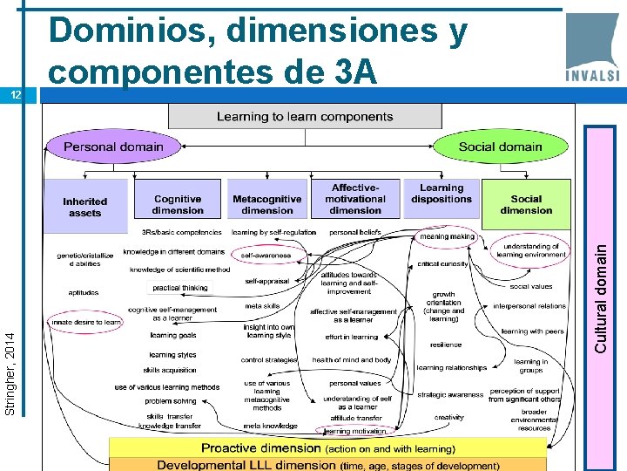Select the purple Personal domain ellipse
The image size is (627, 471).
point(112,147)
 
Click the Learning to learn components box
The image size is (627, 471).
point(304,116)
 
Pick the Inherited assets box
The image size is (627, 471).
point(84,207)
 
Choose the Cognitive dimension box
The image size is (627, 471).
point(177,204)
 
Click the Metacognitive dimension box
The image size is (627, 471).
point(267,204)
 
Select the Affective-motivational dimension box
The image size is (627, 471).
point(355,199)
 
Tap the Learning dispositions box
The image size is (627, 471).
point(442,194)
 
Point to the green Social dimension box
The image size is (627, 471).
point(526,204)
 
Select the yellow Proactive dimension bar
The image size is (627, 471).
point(327,448)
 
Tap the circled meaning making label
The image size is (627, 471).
point(447,236)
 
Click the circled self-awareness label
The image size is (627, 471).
point(266,256)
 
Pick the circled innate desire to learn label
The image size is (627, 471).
point(86,322)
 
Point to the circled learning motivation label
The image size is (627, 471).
point(354,431)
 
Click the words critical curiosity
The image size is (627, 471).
point(442,263)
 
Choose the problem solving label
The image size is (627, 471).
point(171,401)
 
